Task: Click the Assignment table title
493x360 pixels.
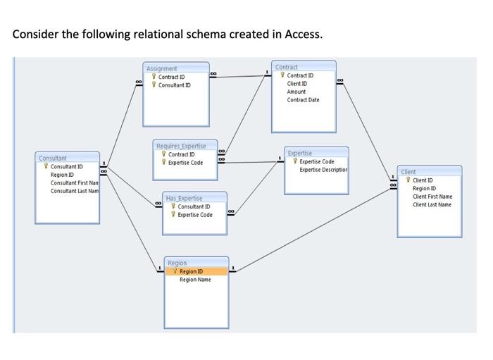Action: click(x=162, y=68)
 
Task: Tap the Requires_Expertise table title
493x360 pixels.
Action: click(x=181, y=146)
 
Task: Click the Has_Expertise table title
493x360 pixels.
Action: click(x=183, y=199)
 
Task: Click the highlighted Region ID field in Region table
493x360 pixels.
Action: click(x=191, y=271)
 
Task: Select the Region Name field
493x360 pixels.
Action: click(x=195, y=280)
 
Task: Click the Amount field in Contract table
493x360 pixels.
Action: click(x=297, y=92)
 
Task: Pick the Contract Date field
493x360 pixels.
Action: click(x=303, y=100)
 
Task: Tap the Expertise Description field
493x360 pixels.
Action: click(x=323, y=170)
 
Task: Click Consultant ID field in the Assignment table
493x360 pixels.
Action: click(x=174, y=85)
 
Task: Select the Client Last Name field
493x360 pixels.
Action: click(x=432, y=205)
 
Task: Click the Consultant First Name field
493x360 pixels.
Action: click(x=74, y=183)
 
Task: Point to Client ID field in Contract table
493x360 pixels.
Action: click(x=297, y=84)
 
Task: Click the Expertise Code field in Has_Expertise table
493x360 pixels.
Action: click(x=194, y=215)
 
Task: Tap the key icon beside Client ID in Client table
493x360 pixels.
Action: click(x=407, y=180)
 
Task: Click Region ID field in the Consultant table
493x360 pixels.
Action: click(x=60, y=175)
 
